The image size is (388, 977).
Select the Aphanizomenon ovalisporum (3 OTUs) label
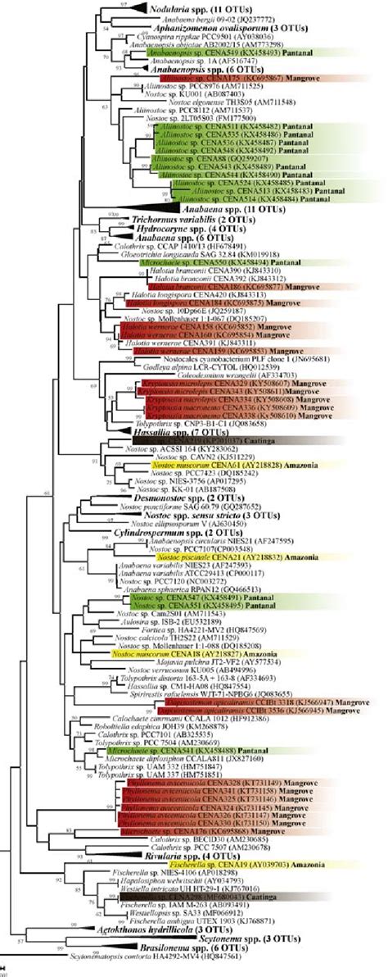[x=205, y=27]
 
